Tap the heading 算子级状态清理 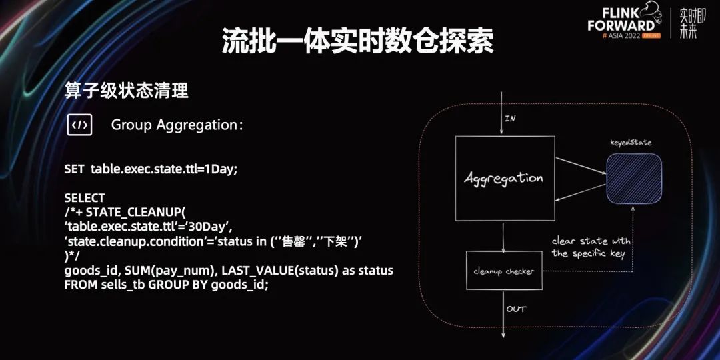pyautogui.click(x=127, y=91)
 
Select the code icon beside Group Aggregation pyautogui.click(x=79, y=125)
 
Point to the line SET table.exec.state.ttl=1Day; pyautogui.click(x=151, y=169)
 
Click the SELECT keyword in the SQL pyautogui.click(x=85, y=198)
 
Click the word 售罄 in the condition pyautogui.click(x=295, y=241)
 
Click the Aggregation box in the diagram pyautogui.click(x=504, y=179)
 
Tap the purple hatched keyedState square pyautogui.click(x=634, y=178)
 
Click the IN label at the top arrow pyautogui.click(x=510, y=119)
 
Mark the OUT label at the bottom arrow pyautogui.click(x=515, y=309)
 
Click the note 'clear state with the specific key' pyautogui.click(x=591, y=247)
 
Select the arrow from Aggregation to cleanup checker pyautogui.click(x=503, y=236)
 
